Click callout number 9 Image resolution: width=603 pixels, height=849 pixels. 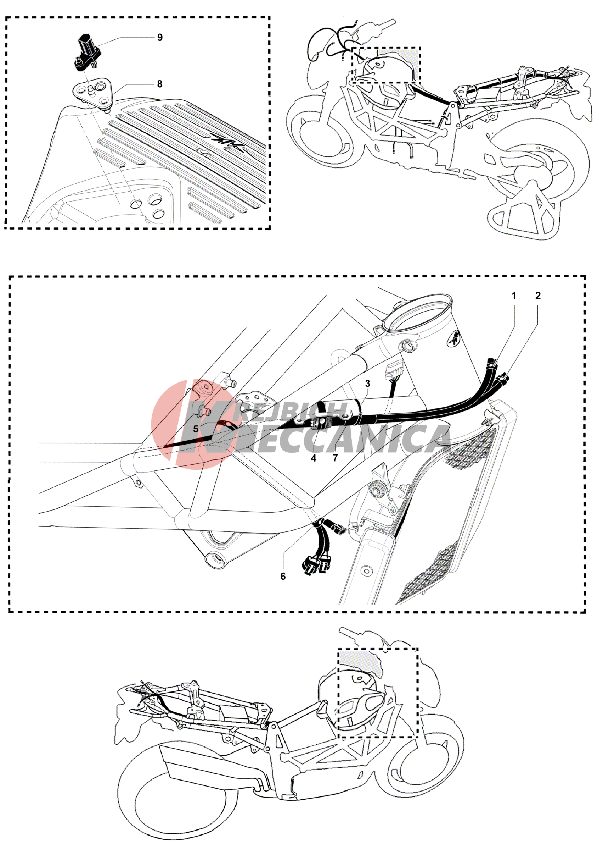pyautogui.click(x=160, y=38)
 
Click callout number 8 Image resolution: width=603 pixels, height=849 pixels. pyautogui.click(x=160, y=84)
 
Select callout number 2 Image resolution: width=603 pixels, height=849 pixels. pyautogui.click(x=538, y=296)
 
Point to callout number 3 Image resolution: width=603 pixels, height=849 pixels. pyautogui.click(x=368, y=383)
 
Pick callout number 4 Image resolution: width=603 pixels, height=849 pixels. pyautogui.click(x=314, y=458)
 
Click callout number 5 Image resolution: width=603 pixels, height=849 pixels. pyautogui.click(x=196, y=429)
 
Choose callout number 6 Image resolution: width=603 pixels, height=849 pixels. pyautogui.click(x=283, y=577)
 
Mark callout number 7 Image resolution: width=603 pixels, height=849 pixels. pyautogui.click(x=335, y=458)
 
